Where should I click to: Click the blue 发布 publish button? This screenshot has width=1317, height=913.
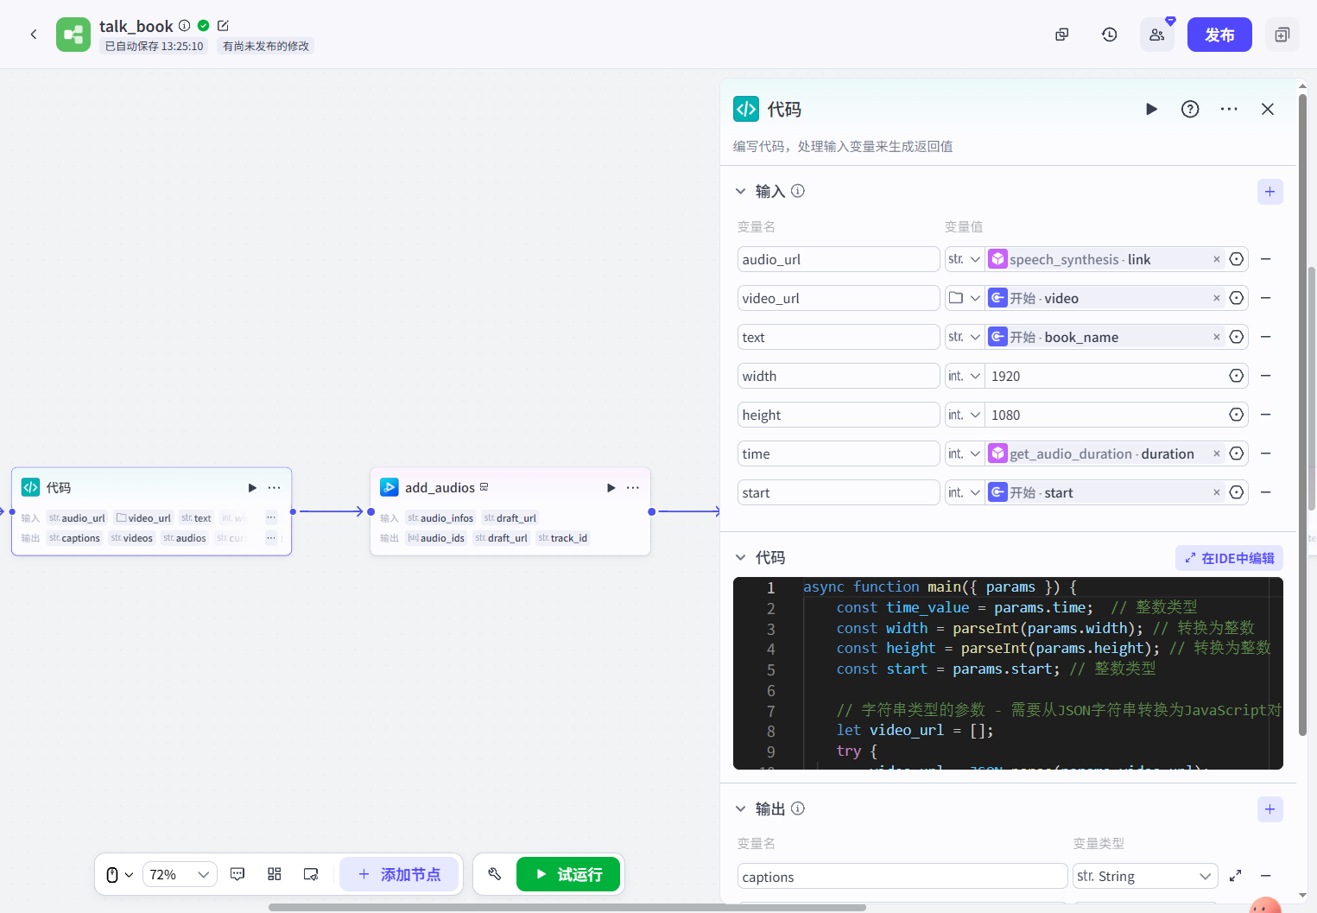point(1219,35)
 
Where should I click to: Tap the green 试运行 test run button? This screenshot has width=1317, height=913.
point(568,874)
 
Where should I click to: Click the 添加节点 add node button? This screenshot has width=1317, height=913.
point(399,874)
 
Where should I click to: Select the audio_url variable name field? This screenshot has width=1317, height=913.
point(838,259)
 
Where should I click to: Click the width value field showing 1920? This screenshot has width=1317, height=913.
point(1105,376)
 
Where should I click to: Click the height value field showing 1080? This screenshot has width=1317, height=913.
point(1105,415)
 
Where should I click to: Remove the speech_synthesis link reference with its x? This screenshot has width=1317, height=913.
point(1217,259)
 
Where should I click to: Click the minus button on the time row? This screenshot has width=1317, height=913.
point(1266,453)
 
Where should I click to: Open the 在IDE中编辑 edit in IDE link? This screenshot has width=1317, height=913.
point(1229,558)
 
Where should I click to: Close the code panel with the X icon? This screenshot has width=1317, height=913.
point(1268,109)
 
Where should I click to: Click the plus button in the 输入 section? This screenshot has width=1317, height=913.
point(1270,192)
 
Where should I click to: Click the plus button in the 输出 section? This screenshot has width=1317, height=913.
point(1270,809)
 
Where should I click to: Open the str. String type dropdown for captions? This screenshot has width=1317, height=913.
point(1144,877)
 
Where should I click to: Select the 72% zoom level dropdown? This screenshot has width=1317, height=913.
point(180,874)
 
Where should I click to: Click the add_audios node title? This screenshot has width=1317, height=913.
point(440,488)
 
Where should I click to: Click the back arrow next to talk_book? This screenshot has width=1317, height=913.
point(34,35)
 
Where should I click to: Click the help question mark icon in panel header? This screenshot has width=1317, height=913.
point(1190,109)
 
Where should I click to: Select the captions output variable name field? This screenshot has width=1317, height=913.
point(902,877)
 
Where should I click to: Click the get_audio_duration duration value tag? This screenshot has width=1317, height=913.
point(1102,453)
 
